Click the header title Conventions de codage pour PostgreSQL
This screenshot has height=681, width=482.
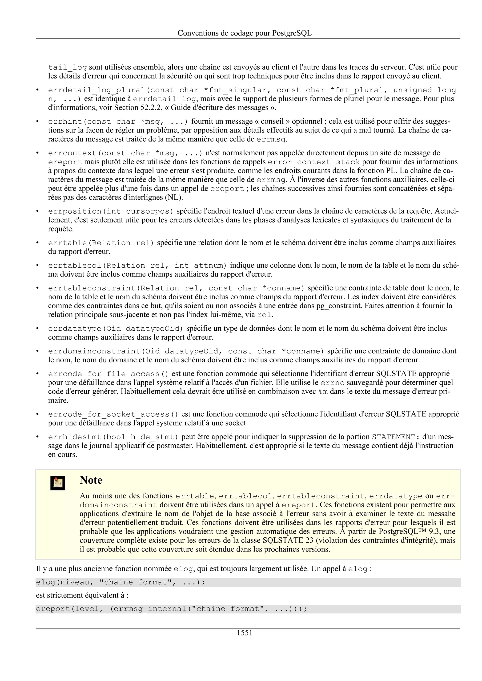[245, 33]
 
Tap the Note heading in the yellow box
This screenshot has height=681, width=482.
[91, 480]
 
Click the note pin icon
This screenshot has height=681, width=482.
[58, 483]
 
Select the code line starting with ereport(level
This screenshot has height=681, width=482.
[171, 609]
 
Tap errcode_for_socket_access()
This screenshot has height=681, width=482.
[113, 414]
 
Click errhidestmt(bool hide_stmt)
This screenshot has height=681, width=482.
[113, 437]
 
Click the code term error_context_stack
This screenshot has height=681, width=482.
[314, 162]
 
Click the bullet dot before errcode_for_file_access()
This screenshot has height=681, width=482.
[38, 374]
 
